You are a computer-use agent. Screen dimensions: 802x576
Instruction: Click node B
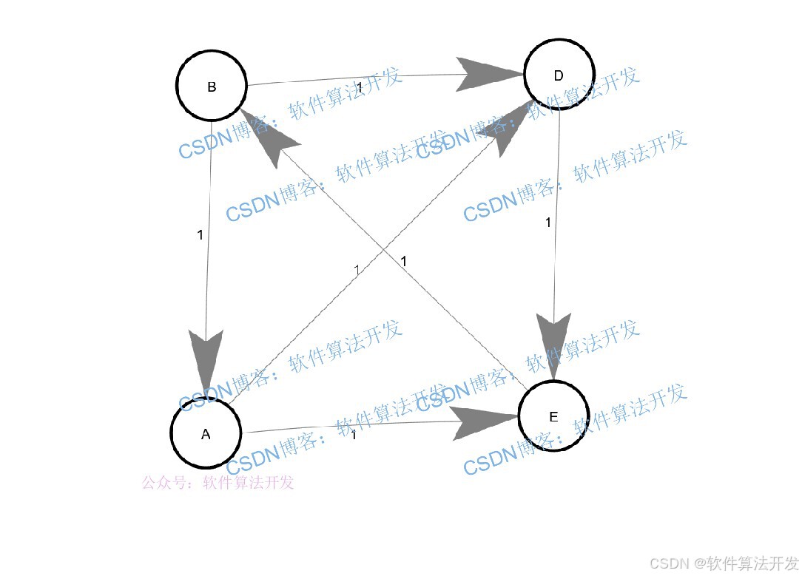click(212, 87)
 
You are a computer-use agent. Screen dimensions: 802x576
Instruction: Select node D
click(559, 75)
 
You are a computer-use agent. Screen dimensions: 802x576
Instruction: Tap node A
click(206, 433)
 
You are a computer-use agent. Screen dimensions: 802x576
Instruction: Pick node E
click(553, 416)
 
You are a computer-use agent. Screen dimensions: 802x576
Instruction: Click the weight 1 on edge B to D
click(360, 88)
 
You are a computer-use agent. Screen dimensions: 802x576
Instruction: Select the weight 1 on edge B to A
click(200, 235)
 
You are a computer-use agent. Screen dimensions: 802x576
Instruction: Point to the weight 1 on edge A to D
click(357, 270)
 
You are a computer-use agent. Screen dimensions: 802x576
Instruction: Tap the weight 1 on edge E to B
click(404, 261)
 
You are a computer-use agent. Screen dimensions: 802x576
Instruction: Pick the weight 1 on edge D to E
click(548, 222)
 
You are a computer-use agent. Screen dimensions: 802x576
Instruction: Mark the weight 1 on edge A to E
click(354, 435)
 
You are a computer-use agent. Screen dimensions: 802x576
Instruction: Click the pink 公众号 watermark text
click(218, 483)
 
